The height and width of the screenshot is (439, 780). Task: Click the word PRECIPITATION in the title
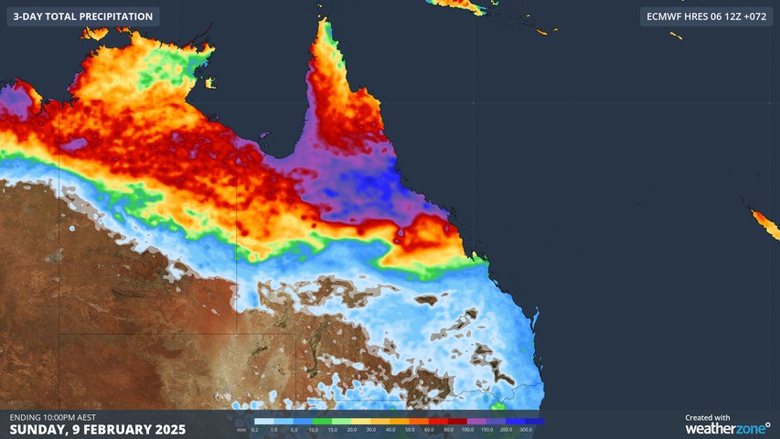pyautogui.click(x=113, y=16)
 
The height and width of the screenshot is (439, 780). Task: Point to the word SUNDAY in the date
pyautogui.click(x=36, y=429)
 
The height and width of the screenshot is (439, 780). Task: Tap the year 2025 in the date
pyautogui.click(x=169, y=429)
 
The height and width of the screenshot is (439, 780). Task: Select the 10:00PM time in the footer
pyautogui.click(x=67, y=417)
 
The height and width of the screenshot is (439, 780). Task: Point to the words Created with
pyautogui.click(x=707, y=417)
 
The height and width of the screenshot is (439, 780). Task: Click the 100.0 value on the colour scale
pyautogui.click(x=467, y=429)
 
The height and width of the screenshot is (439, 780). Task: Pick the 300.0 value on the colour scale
pyautogui.click(x=525, y=429)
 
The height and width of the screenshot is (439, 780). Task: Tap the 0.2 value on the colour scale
pyautogui.click(x=253, y=429)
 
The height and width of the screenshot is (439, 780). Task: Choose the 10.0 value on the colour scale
pyautogui.click(x=314, y=429)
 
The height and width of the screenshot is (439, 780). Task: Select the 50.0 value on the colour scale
pyautogui.click(x=410, y=429)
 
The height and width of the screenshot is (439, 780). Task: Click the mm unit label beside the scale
pyautogui.click(x=240, y=429)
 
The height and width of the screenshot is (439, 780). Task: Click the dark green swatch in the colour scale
pyautogui.click(x=322, y=422)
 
